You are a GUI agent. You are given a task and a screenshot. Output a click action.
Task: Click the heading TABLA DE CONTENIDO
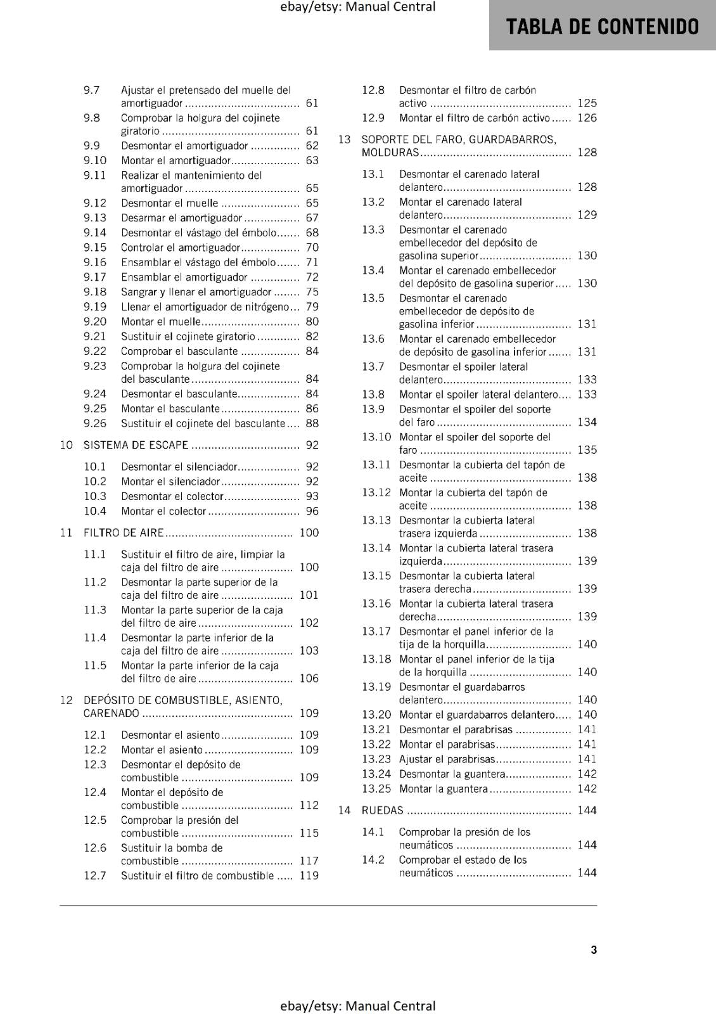click(602, 27)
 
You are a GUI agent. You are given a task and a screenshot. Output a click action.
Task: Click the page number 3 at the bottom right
click(594, 949)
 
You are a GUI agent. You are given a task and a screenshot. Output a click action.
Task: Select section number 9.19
click(95, 307)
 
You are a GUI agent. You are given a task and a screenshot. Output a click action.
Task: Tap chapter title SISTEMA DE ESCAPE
click(136, 445)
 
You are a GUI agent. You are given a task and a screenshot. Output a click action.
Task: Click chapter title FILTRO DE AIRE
click(124, 533)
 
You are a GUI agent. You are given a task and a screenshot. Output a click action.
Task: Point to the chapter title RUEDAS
click(382, 811)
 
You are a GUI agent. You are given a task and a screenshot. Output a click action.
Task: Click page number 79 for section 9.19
click(312, 307)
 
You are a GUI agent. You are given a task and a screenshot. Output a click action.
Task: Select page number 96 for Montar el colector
click(312, 511)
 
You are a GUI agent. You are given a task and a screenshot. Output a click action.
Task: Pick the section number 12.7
click(95, 876)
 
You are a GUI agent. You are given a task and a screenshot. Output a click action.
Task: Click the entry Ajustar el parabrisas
click(447, 759)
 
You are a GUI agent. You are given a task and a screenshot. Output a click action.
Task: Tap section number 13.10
click(376, 437)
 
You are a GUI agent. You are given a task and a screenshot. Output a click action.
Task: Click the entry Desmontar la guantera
click(452, 774)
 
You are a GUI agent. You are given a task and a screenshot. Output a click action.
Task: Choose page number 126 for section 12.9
click(587, 118)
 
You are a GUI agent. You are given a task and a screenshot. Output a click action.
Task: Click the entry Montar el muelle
click(161, 322)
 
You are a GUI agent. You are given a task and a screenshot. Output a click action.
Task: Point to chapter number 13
click(344, 139)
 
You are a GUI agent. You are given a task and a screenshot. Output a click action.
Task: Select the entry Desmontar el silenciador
click(179, 467)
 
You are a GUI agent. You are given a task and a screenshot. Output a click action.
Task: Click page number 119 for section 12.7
click(309, 876)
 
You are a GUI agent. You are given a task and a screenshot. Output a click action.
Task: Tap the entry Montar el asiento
click(162, 750)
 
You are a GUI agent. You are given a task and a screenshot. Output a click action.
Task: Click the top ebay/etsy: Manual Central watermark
click(357, 7)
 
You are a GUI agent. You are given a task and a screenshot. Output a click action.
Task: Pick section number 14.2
click(373, 860)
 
